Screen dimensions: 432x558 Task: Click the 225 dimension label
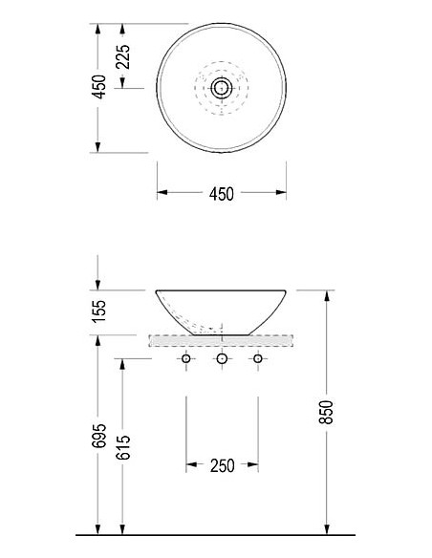pyautogui.click(x=123, y=56)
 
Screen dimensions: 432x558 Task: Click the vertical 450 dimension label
pyautogui.click(x=98, y=87)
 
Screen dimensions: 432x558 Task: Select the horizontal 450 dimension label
pyautogui.click(x=222, y=194)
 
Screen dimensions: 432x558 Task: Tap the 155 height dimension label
pyautogui.click(x=99, y=311)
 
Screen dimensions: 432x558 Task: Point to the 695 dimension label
pyautogui.click(x=98, y=436)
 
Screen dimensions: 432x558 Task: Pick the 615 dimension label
pyautogui.click(x=123, y=447)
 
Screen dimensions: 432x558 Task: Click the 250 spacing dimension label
pyautogui.click(x=222, y=466)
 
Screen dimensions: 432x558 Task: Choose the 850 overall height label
pyautogui.click(x=326, y=412)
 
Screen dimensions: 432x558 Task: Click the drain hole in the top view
pyautogui.click(x=222, y=88)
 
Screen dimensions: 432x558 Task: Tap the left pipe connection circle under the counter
pyautogui.click(x=185, y=358)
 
